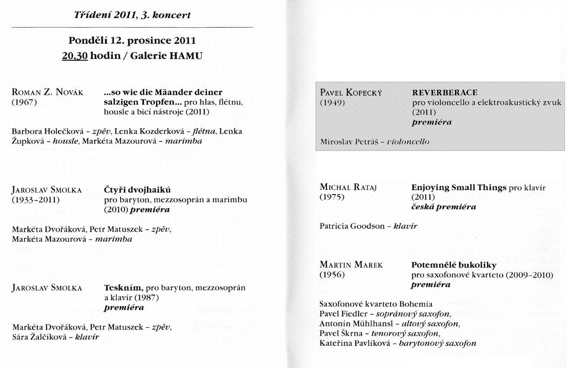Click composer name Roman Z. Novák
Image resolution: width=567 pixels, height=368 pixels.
pos(48,93)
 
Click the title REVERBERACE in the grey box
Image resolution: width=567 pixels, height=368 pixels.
pos(439,93)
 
